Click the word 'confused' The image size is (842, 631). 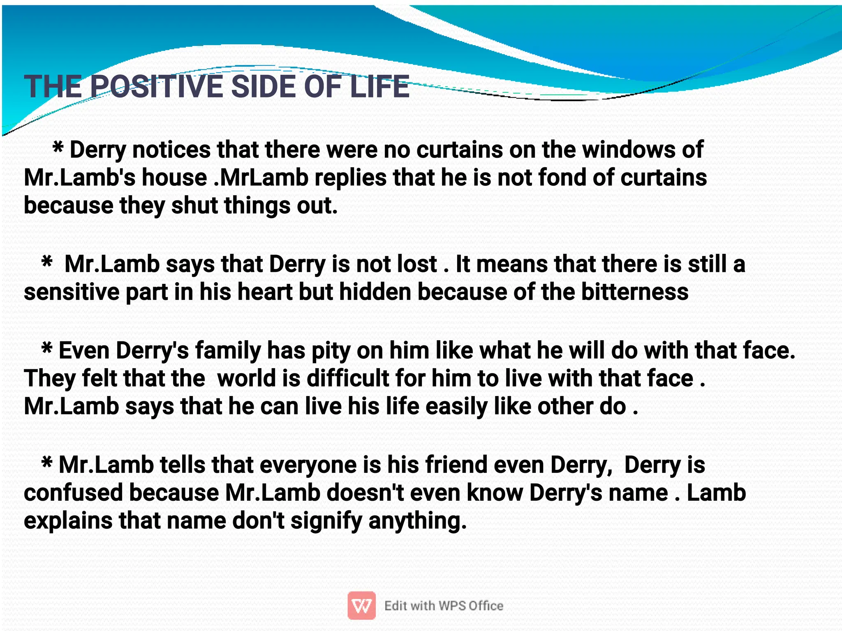[73, 493]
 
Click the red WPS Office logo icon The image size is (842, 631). [361, 605]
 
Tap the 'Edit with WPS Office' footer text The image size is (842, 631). [444, 606]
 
